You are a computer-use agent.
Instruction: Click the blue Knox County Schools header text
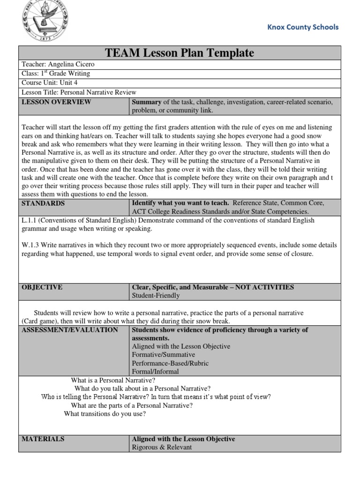pyautogui.click(x=302, y=27)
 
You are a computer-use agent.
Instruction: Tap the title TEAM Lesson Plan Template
pyautogui.click(x=180, y=53)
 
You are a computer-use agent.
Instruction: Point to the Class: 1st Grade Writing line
pyautogui.click(x=56, y=74)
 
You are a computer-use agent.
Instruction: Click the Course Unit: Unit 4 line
pyautogui.click(x=49, y=83)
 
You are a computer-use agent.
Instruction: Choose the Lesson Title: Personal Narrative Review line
pyautogui.click(x=79, y=92)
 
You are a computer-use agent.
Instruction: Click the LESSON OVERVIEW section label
pyautogui.click(x=56, y=102)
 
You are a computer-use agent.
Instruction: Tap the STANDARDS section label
pyautogui.click(x=43, y=203)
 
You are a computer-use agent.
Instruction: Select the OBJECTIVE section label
pyautogui.click(x=42, y=287)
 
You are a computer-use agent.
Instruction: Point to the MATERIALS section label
pyautogui.click(x=43, y=439)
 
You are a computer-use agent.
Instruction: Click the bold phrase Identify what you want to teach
pyautogui.click(x=180, y=203)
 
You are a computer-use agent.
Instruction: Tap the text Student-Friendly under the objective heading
pyautogui.click(x=156, y=296)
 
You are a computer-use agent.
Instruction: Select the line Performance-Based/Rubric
pyautogui.click(x=170, y=363)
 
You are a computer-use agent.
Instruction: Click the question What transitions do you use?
pyautogui.click(x=105, y=414)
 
